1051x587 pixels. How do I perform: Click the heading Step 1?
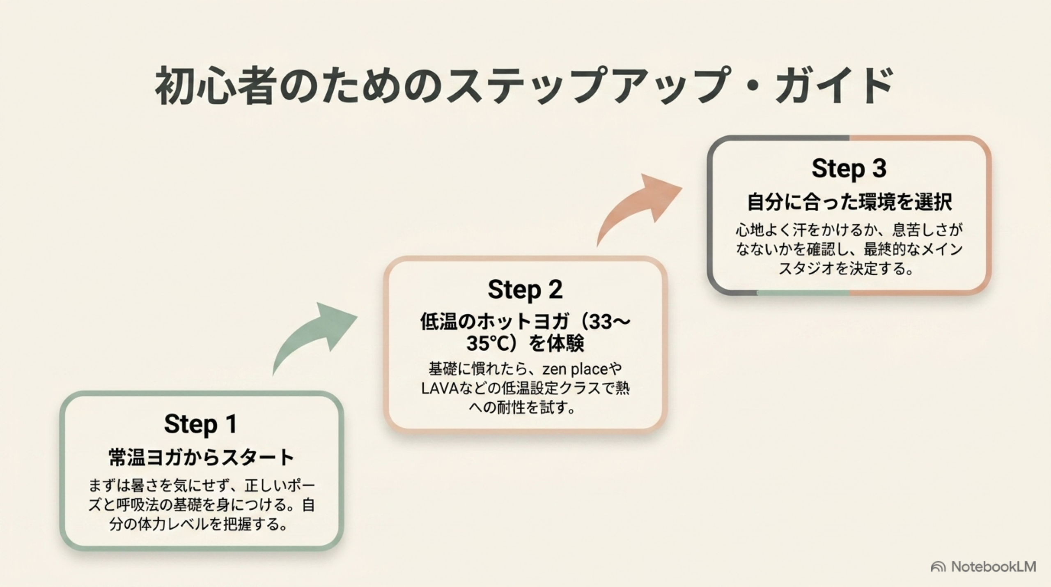(x=201, y=424)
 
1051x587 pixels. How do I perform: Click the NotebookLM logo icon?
(x=938, y=567)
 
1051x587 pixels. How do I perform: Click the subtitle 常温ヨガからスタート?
(x=201, y=458)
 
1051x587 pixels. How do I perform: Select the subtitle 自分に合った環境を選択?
(x=849, y=202)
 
